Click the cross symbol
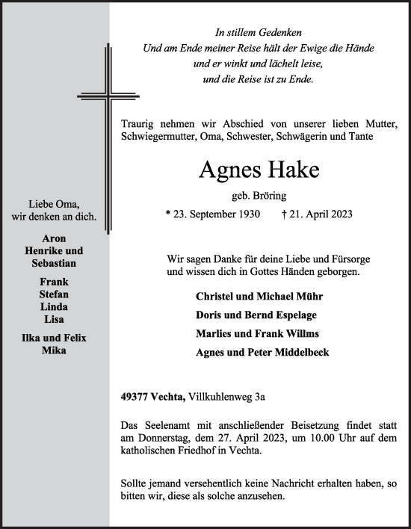click(108, 98)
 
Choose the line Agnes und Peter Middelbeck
click(262, 353)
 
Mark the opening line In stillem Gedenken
click(259, 33)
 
